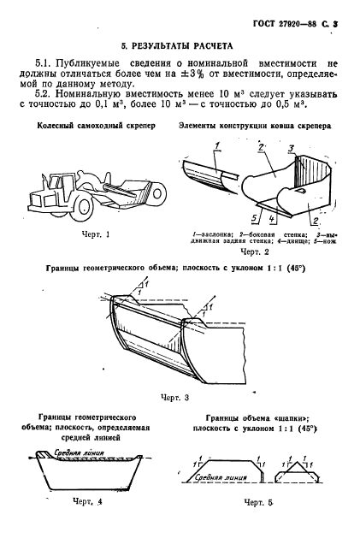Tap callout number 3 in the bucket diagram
pyautogui.click(x=290, y=149)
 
